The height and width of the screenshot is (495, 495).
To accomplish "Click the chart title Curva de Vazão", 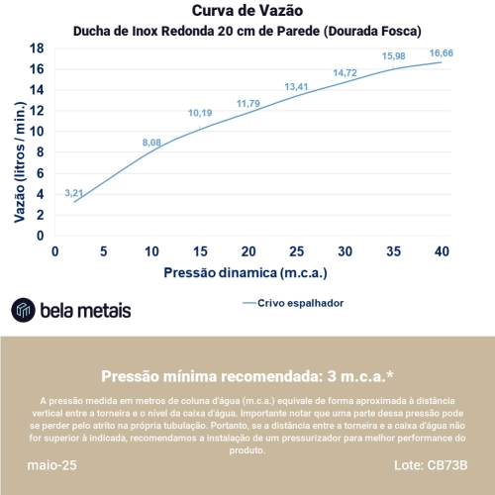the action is (x=247, y=11).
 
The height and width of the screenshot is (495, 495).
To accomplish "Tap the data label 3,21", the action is (x=74, y=193).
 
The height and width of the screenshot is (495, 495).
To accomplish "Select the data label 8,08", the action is (x=151, y=143).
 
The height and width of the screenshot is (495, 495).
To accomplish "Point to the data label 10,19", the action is (x=200, y=113).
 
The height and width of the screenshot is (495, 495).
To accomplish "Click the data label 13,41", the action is (x=296, y=86).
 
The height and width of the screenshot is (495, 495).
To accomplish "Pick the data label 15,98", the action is (x=394, y=56).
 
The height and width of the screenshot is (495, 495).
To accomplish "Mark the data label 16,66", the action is (x=442, y=52).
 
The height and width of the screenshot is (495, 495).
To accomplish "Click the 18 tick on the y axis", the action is (x=37, y=49).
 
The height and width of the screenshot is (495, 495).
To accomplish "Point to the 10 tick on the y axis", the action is (x=37, y=132).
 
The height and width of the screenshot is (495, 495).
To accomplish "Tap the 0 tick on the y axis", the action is (x=40, y=236).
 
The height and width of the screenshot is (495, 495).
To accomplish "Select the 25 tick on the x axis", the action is (x=297, y=251).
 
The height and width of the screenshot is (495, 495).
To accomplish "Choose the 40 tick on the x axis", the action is (x=442, y=251).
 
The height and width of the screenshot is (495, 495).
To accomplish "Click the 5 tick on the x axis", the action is (x=104, y=251).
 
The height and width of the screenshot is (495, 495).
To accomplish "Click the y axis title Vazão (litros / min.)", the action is (x=20, y=162).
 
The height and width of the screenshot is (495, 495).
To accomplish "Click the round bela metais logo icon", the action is (x=23, y=310).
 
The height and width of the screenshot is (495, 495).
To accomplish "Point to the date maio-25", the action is (x=51, y=465).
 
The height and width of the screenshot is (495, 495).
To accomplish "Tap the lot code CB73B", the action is (x=447, y=465).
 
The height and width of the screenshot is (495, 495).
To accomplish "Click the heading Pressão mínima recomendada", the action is (x=212, y=376).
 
